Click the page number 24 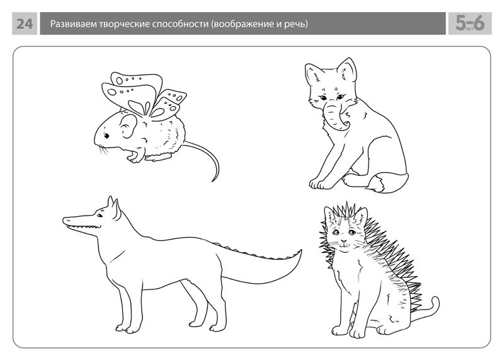click(25, 24)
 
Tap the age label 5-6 click(470, 23)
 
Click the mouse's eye click(106, 136)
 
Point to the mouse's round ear click(129, 126)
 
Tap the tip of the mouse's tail click(213, 182)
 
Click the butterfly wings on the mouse click(144, 96)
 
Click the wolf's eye click(100, 215)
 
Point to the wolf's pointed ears click(113, 207)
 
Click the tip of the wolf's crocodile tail click(301, 251)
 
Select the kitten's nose click(344, 241)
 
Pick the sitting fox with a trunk click(357, 125)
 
